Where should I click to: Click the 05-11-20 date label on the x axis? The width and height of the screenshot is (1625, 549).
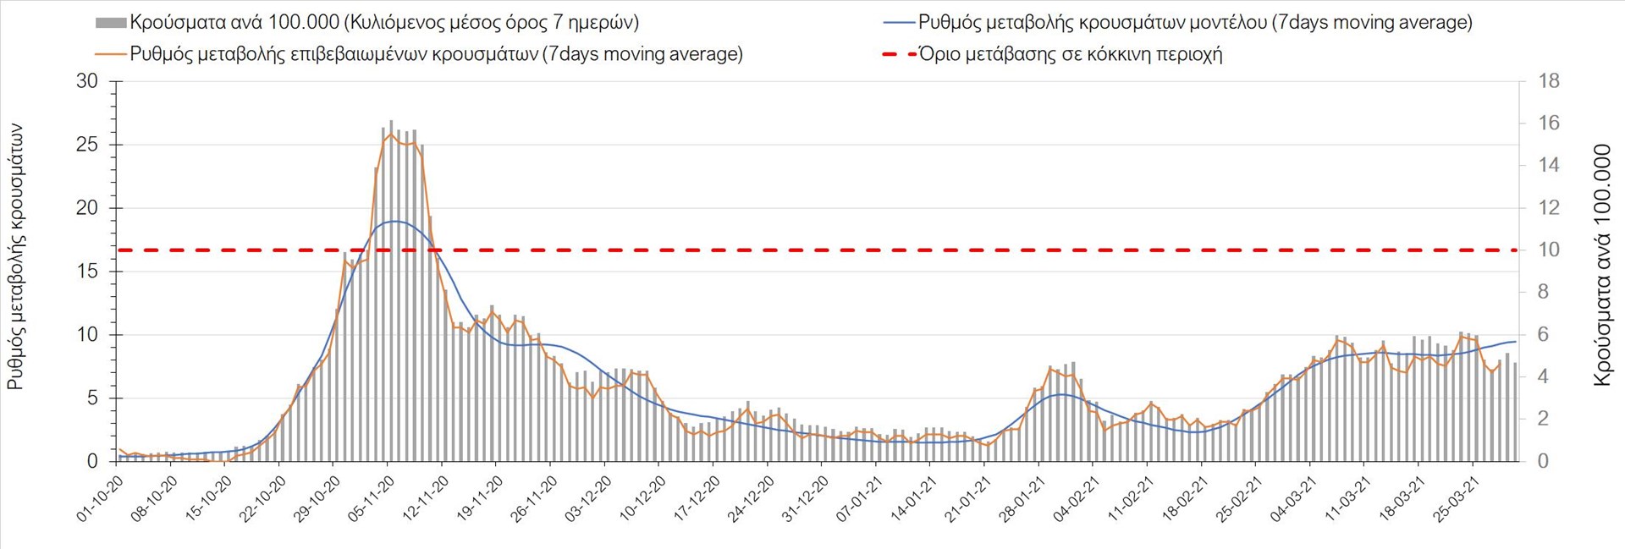(373, 499)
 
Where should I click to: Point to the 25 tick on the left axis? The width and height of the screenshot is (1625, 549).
(87, 145)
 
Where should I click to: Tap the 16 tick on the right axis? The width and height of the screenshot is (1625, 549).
(1548, 124)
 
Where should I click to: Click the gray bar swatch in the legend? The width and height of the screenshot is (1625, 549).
(111, 23)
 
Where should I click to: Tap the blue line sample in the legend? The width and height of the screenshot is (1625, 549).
(898, 23)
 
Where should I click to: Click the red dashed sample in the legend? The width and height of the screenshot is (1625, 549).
(898, 55)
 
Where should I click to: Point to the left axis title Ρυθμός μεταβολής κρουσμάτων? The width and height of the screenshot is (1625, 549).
(15, 257)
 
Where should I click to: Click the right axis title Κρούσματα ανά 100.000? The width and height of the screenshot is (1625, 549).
(1602, 266)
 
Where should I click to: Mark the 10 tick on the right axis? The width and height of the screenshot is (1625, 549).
(1548, 250)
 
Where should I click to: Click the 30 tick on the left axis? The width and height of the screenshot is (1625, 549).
(87, 81)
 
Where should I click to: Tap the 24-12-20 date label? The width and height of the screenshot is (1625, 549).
(753, 499)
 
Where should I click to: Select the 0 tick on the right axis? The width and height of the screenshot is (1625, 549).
(1543, 461)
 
